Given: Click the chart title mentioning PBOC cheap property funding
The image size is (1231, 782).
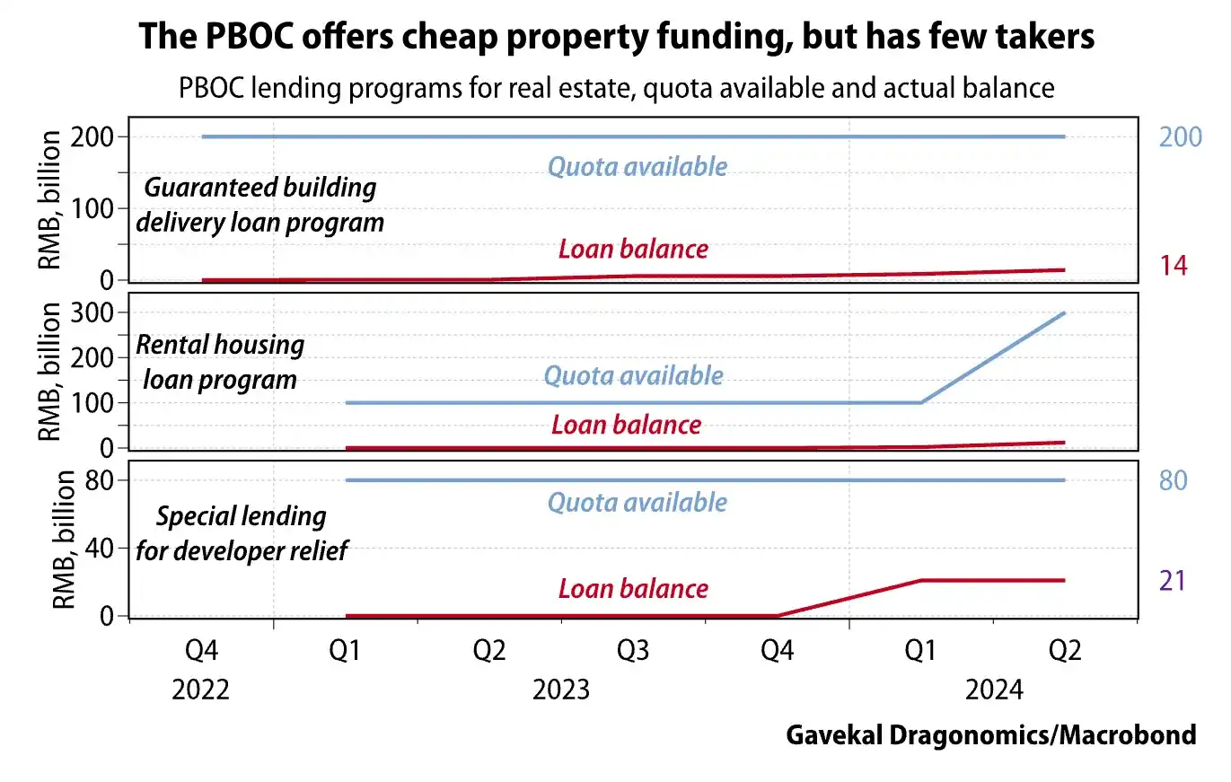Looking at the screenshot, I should pos(616,37).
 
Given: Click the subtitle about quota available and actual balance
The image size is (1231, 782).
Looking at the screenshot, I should pos(616,88).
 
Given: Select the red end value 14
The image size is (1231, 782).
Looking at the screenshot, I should pos(1173,267).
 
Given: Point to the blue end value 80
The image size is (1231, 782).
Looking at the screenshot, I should pos(1173,480).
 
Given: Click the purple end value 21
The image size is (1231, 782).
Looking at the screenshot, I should pos(1173,582).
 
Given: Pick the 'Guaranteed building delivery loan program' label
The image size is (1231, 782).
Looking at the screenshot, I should pos(259,205).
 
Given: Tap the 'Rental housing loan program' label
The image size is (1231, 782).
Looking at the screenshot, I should pos(220,361).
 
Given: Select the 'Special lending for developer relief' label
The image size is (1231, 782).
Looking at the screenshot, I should pos(242,533).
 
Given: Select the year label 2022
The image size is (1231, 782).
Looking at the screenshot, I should pos(200,690).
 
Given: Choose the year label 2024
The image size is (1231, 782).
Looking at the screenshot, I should pos(993,690).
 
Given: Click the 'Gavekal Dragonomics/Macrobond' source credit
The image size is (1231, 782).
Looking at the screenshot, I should pos(991,735).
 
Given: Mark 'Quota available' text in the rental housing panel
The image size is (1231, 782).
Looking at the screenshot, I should pos(633,375).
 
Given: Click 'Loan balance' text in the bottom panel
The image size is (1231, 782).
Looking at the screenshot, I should pos(633,589).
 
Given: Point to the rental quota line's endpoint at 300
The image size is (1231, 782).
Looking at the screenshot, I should pos(1064,313).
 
